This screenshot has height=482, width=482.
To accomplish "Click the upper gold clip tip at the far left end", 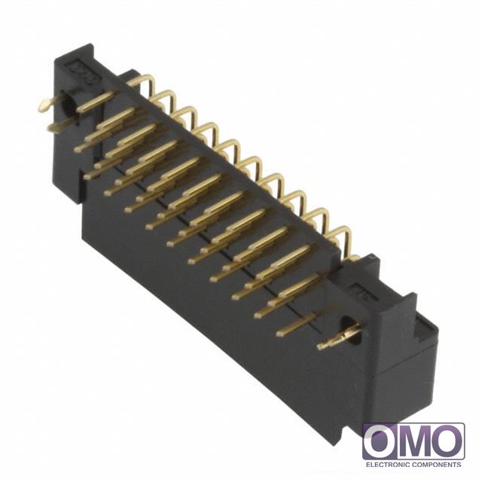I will (45, 105).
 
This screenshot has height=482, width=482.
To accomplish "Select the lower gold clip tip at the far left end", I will (54, 127).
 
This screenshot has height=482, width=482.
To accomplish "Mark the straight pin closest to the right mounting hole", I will (297, 325).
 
